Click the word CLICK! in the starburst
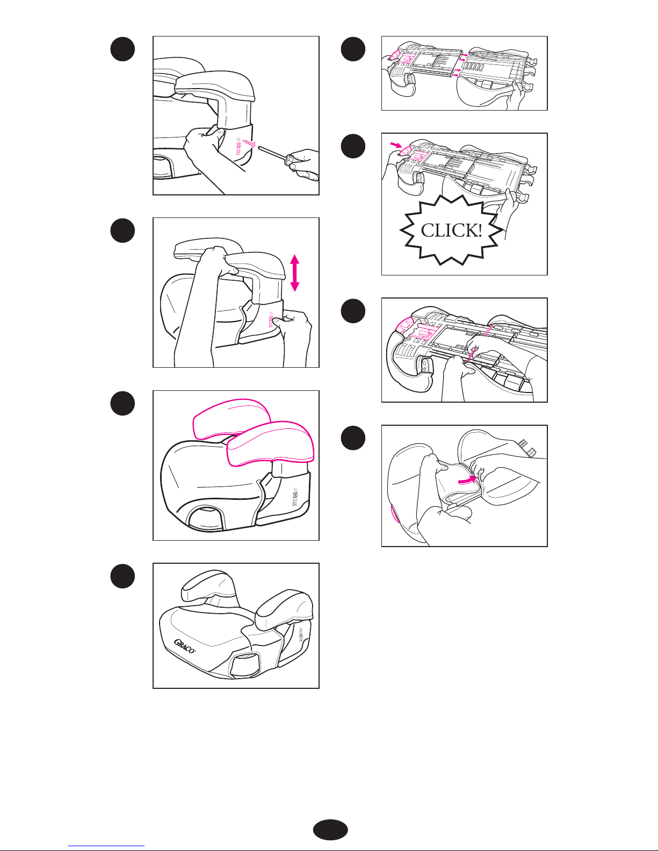tap(451, 230)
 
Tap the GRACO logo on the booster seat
tap(184, 646)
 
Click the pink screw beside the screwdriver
tap(248, 144)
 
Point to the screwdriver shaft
tap(272, 152)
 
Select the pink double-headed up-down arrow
tap(294, 273)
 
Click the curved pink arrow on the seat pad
tap(468, 479)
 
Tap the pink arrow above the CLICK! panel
tap(396, 145)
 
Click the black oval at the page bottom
tap(330, 830)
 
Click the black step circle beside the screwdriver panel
tap(122, 49)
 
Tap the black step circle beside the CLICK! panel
tap(353, 146)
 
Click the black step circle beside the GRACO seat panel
tap(122, 576)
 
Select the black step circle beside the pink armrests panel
tap(122, 403)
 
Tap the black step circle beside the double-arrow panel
tap(122, 230)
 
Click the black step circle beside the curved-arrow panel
tap(353, 438)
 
